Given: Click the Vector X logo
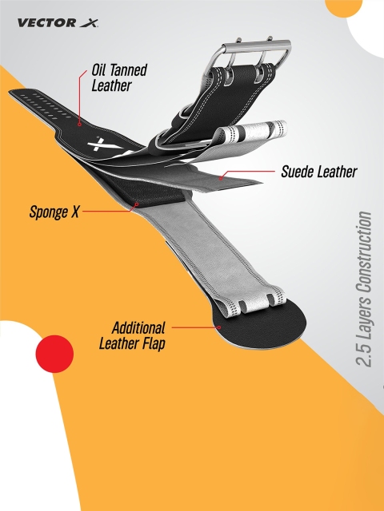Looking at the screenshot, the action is [x=58, y=23].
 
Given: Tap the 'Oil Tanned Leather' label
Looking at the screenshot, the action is [x=119, y=77].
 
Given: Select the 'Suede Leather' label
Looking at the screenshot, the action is [x=319, y=172].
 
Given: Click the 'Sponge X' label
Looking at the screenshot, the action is [x=54, y=212].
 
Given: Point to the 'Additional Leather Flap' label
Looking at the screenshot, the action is [x=132, y=335].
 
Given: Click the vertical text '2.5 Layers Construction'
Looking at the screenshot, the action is [x=364, y=289].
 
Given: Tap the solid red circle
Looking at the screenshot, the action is [x=54, y=354].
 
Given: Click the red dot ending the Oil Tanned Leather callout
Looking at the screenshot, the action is [x=79, y=125].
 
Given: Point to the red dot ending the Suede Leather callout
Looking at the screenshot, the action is [x=221, y=178].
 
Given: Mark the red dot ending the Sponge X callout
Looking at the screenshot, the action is [x=137, y=204].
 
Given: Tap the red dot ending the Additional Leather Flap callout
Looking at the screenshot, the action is [x=219, y=327].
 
